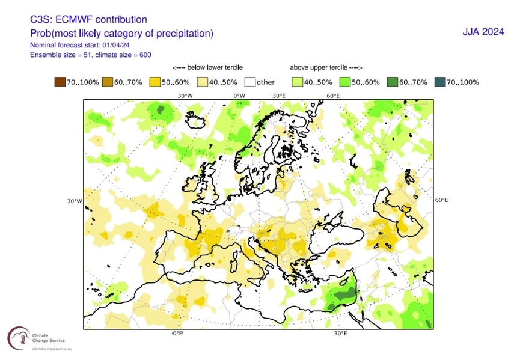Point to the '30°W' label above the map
point(185,96)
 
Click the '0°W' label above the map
point(239,96)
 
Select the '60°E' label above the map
point(334,96)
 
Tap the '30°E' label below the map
point(340,334)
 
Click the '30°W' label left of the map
point(74,201)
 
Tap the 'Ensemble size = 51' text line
point(67,55)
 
